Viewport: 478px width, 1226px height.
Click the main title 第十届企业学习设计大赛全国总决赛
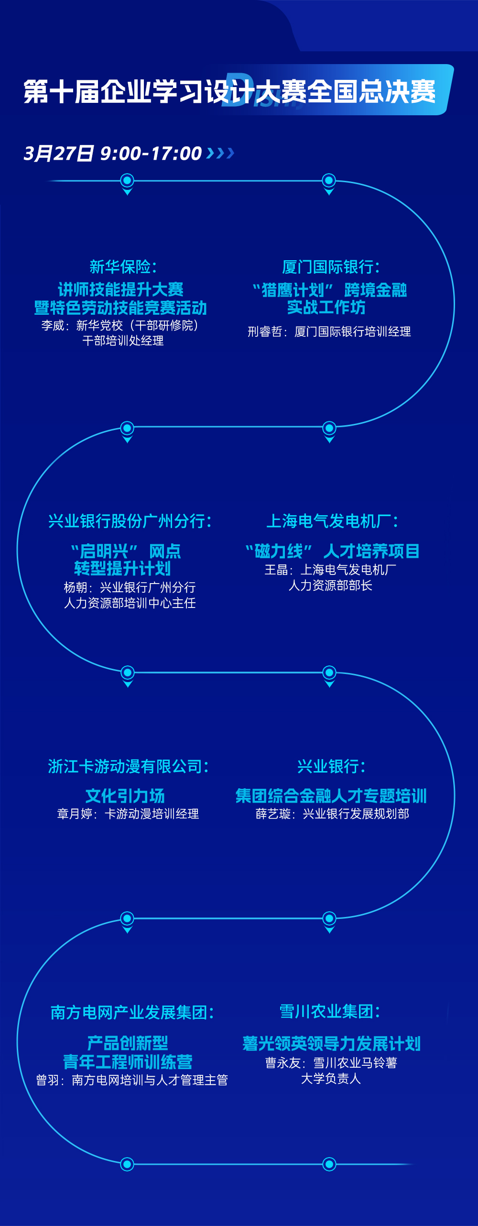pyautogui.click(x=229, y=91)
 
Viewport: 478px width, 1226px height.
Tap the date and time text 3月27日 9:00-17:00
pyautogui.click(x=113, y=154)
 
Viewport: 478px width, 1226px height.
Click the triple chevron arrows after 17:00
pyautogui.click(x=220, y=153)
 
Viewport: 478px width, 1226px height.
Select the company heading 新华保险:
pyautogui.click(x=123, y=267)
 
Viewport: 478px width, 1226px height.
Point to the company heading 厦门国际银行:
pyautogui.click(x=331, y=267)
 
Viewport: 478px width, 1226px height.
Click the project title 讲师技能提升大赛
pyautogui.click(x=120, y=289)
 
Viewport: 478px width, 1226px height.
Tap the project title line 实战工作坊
pyautogui.click(x=326, y=308)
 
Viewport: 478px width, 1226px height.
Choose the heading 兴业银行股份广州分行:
pyautogui.click(x=130, y=521)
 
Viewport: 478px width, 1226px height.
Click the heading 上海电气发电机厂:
pyautogui.click(x=332, y=521)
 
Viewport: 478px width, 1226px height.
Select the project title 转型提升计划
pyautogui.click(x=122, y=569)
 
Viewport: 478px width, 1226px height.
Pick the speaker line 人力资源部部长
pyautogui.click(x=330, y=585)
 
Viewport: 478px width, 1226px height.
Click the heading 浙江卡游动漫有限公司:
pyautogui.click(x=129, y=766)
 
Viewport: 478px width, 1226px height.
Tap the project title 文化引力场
pyautogui.click(x=125, y=796)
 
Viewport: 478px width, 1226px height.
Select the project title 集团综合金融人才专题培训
pyautogui.click(x=331, y=796)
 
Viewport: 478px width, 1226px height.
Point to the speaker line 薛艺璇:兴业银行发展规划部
pyautogui.click(x=332, y=814)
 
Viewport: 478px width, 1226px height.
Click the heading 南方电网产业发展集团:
pyautogui.click(x=132, y=1012)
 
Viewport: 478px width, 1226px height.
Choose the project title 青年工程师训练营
pyautogui.click(x=128, y=1062)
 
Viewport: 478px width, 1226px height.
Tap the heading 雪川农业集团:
pyautogui.click(x=330, y=1011)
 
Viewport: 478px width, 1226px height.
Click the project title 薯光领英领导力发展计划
pyautogui.click(x=331, y=1044)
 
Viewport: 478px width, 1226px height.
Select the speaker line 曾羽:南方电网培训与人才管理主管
pyautogui.click(x=132, y=1080)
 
